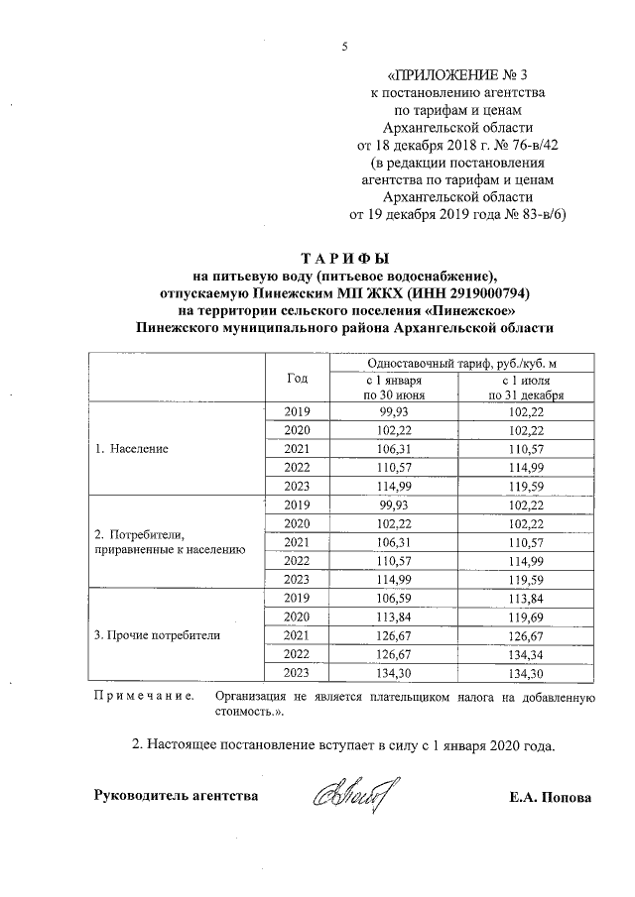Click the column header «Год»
(x=297, y=378)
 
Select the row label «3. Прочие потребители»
(x=157, y=633)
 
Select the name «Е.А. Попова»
(x=548, y=796)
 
